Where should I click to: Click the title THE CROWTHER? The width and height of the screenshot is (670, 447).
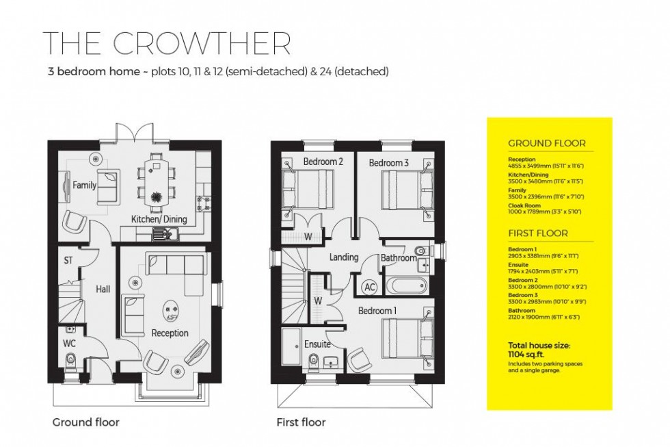point(166,42)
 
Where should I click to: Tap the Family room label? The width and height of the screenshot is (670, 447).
point(85,186)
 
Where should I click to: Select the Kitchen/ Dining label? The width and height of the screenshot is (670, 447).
point(159,219)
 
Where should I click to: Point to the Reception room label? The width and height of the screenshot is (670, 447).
point(170,333)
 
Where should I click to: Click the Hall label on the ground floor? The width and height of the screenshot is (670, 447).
point(103,290)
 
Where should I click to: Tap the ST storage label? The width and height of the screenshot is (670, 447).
point(68,261)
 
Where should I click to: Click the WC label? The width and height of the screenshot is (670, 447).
point(69,343)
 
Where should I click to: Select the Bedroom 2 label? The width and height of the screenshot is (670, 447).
point(323,162)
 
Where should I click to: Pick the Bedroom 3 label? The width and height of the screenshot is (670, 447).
point(389,163)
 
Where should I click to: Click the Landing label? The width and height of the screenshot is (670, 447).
point(344,257)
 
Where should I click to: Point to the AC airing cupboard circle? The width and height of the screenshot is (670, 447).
point(370,287)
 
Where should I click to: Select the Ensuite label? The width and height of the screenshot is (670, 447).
point(318,344)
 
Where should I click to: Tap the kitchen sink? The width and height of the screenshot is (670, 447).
point(165,235)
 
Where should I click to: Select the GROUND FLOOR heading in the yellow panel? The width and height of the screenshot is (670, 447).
point(546,144)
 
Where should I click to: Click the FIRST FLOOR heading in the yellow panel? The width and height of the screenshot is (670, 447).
point(537,233)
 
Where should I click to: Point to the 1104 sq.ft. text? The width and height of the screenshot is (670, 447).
point(526,355)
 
